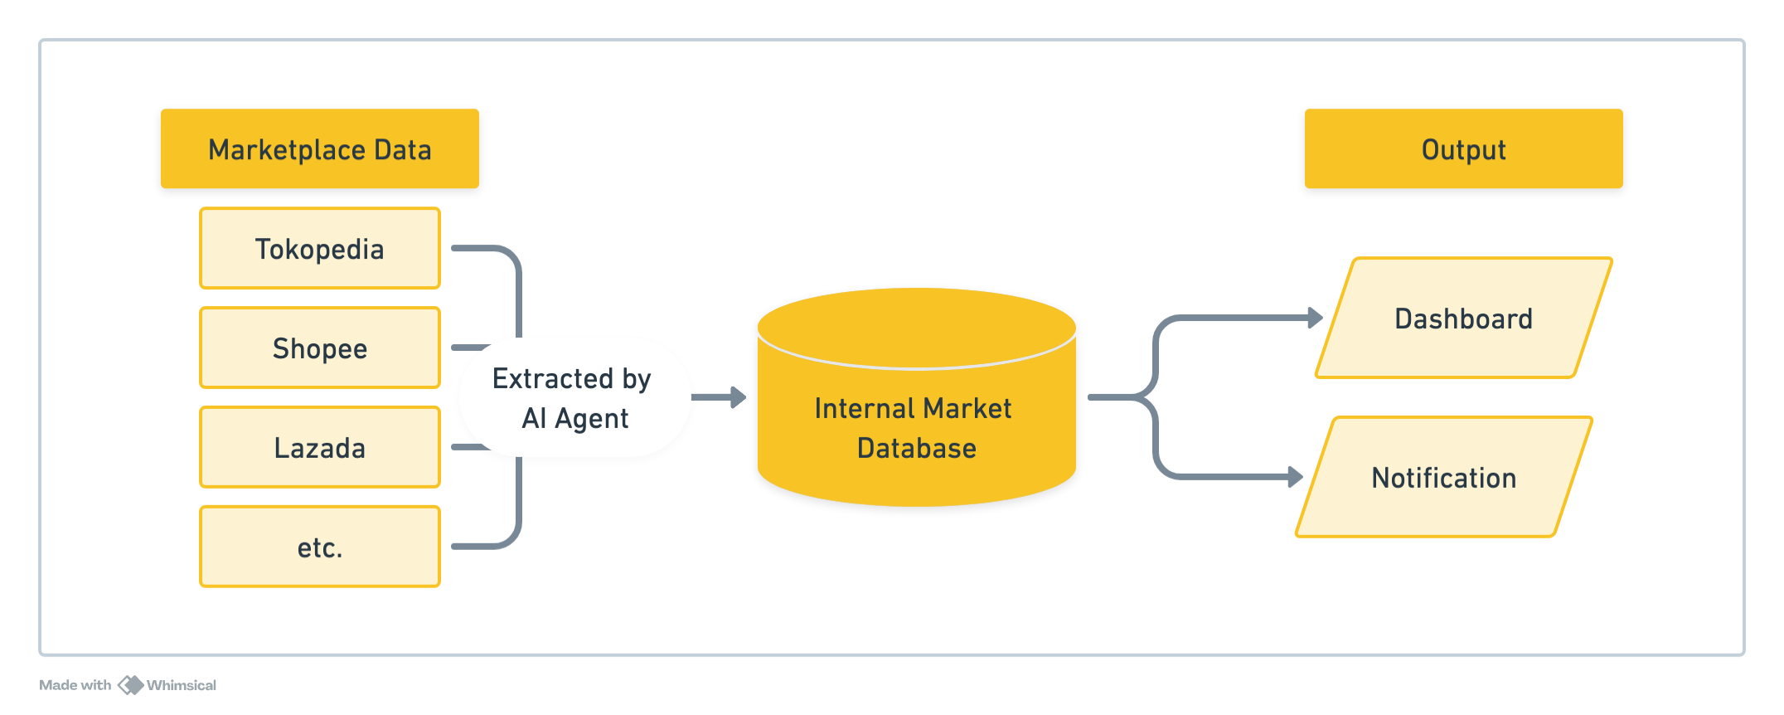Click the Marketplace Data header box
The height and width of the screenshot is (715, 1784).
319,149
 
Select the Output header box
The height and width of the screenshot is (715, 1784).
1463,149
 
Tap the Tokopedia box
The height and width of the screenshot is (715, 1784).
319,249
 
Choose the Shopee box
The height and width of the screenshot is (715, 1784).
319,348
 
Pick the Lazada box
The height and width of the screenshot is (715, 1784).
319,448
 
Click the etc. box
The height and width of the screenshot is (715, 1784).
319,547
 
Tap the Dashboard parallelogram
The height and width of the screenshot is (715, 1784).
1463,319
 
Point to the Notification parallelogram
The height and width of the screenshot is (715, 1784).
1443,478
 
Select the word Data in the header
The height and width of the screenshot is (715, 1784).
403,150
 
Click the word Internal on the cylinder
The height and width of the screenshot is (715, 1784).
864,409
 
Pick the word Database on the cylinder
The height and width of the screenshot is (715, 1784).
916,449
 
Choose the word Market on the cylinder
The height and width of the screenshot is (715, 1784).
967,409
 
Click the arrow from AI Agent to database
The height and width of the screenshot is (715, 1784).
718,397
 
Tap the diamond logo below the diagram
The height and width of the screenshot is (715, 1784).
129,688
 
